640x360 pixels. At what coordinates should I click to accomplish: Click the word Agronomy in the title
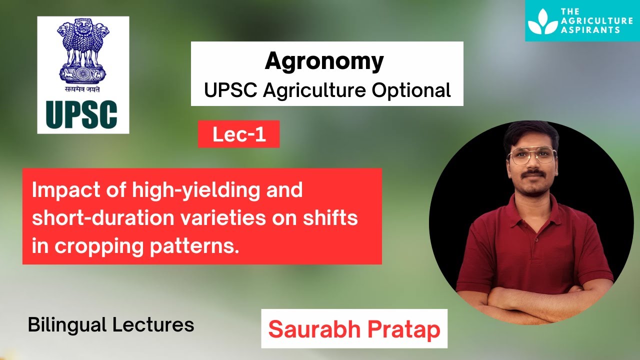coord(324,61)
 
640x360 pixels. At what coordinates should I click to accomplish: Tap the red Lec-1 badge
coord(238,134)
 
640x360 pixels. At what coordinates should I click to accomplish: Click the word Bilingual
coord(67,325)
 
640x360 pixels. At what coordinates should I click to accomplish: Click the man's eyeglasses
coord(531,155)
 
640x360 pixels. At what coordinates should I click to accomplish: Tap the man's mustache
coord(533,173)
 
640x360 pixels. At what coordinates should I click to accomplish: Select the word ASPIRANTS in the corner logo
coord(590,30)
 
